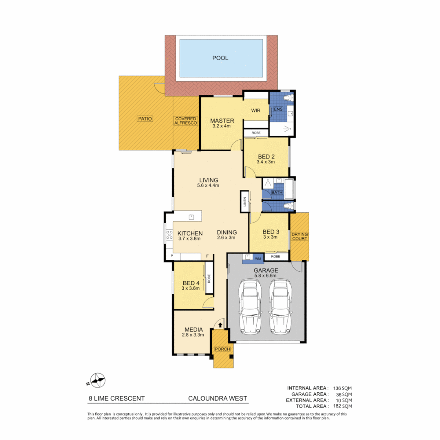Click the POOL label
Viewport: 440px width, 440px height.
(220, 58)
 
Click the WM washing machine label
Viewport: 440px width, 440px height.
(257, 258)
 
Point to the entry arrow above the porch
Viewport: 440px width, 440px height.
(220, 325)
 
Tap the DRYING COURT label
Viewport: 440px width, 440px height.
(299, 237)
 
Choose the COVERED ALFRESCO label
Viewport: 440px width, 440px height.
(186, 121)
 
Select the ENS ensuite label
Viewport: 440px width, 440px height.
(278, 110)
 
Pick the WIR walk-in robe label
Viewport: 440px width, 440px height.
(255, 110)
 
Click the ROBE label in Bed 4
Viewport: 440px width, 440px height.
(209, 278)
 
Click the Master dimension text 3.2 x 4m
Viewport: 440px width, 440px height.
(221, 126)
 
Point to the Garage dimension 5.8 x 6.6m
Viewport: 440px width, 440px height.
(266, 276)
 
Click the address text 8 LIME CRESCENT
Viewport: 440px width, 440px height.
(117, 399)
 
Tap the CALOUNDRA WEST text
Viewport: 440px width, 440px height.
(217, 399)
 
